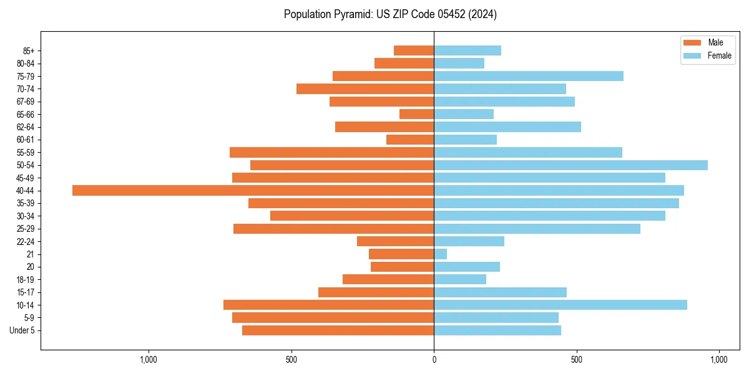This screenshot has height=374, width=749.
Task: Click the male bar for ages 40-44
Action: pos(253,190)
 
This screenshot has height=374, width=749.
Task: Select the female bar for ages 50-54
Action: pos(570,165)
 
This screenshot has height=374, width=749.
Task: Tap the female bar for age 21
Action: pos(441,254)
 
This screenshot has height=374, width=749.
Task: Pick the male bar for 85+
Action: pos(414,50)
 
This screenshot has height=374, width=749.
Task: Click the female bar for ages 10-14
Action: pos(561,305)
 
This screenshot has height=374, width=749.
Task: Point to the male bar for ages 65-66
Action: pos(416,114)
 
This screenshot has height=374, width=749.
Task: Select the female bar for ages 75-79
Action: pos(529,76)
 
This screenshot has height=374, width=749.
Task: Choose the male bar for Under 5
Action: pos(338,330)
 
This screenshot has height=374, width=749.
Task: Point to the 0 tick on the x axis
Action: pos(434,360)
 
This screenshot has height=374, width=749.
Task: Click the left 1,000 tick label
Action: pos(148,360)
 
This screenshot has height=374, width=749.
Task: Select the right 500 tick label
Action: pos(577,360)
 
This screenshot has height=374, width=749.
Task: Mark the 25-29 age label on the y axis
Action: pos(26,229)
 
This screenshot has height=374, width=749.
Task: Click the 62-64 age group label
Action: pos(26,127)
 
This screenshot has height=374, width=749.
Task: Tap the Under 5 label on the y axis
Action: pos(22,330)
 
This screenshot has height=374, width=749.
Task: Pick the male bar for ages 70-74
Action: pos(365,89)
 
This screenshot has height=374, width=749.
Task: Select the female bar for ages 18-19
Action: pos(460,279)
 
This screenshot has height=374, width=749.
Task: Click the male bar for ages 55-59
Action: pos(331,152)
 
